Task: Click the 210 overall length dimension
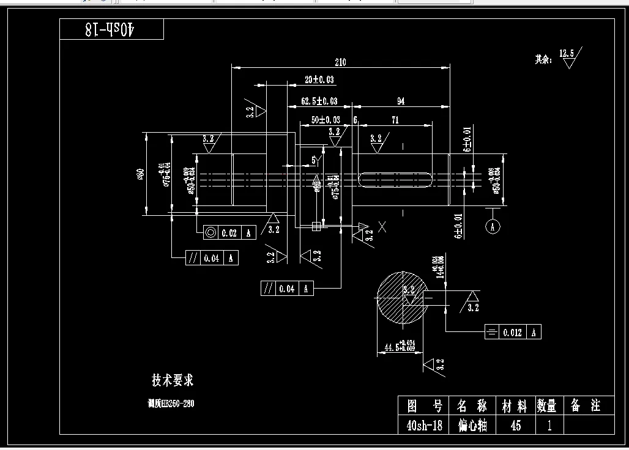pos(340,62)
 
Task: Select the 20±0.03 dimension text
pos(319,80)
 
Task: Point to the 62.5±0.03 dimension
pos(319,101)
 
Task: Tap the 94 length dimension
pos(401,101)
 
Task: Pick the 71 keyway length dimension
pos(395,120)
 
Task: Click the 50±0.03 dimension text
pos(326,120)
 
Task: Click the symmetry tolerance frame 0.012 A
pos(512,332)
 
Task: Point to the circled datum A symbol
pos(493,227)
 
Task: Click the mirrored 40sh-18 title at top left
pos(111,29)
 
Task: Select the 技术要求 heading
pos(173,380)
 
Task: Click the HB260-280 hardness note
pos(172,404)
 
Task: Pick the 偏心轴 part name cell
pos(472,425)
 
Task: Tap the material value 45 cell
pos(515,425)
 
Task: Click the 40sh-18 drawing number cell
pos(424,425)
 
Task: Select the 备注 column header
pos(585,405)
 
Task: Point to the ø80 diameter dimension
pos(140,175)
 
